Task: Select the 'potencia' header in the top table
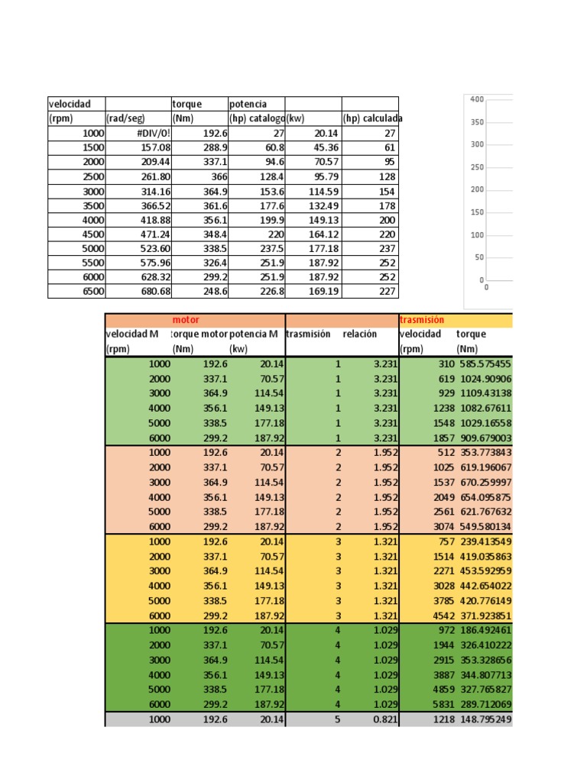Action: pyautogui.click(x=248, y=104)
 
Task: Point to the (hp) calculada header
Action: pyautogui.click(x=373, y=118)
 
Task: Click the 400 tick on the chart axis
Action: pyautogui.click(x=477, y=99)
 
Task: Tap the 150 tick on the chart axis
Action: pyautogui.click(x=477, y=212)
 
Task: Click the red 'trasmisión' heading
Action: pyautogui.click(x=422, y=320)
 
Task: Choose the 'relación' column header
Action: pyautogui.click(x=359, y=334)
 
